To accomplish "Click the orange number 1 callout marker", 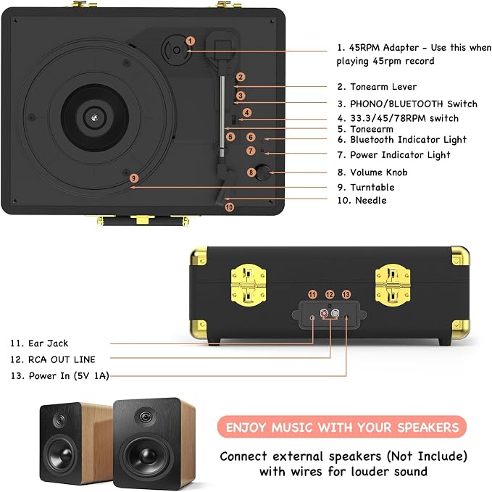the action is pyautogui.click(x=191, y=41).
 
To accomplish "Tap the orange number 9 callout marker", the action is pyautogui.click(x=134, y=178).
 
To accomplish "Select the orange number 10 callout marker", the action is pyautogui.click(x=230, y=207).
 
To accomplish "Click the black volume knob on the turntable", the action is pyautogui.click(x=263, y=172).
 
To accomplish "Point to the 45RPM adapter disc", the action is pyautogui.click(x=176, y=50).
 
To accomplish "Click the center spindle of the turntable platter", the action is pyautogui.click(x=94, y=118).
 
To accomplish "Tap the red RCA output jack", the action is pyautogui.click(x=324, y=313).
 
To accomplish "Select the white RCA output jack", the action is pyautogui.click(x=335, y=313).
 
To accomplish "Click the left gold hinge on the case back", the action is pyautogui.click(x=249, y=285).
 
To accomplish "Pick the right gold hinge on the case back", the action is pyautogui.click(x=393, y=285).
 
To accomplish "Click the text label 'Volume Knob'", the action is pyautogui.click(x=379, y=172).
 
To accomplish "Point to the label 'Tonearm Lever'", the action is pyautogui.click(x=383, y=87).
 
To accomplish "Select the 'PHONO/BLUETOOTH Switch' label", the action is pyautogui.click(x=414, y=104).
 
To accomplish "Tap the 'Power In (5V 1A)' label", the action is pyautogui.click(x=69, y=375).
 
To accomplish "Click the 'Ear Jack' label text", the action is pyautogui.click(x=48, y=343).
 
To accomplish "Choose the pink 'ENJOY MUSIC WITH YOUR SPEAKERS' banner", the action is pyautogui.click(x=342, y=427).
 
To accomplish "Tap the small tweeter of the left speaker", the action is pyautogui.click(x=59, y=420).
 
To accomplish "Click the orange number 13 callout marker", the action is pyautogui.click(x=346, y=294).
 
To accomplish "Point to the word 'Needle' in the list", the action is pyautogui.click(x=370, y=200).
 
